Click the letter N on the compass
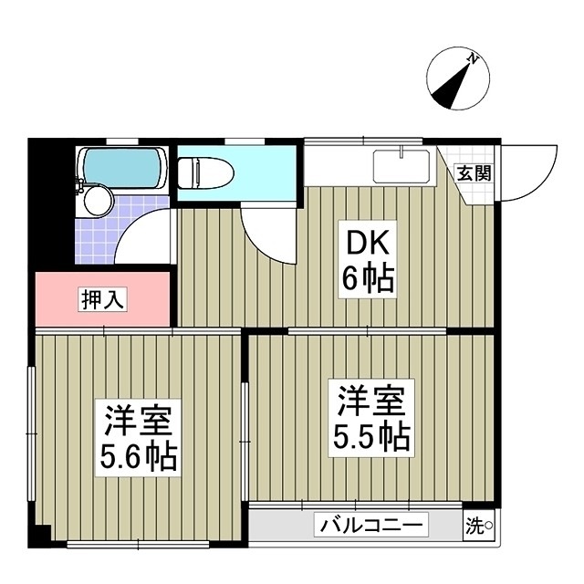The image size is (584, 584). pyautogui.click(x=473, y=60)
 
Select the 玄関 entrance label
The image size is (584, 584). pyautogui.click(x=474, y=172)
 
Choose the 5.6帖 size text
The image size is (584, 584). pyautogui.click(x=140, y=454)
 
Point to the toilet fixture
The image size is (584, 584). pyautogui.click(x=206, y=172)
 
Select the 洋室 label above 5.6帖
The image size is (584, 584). pyautogui.click(x=140, y=418)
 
